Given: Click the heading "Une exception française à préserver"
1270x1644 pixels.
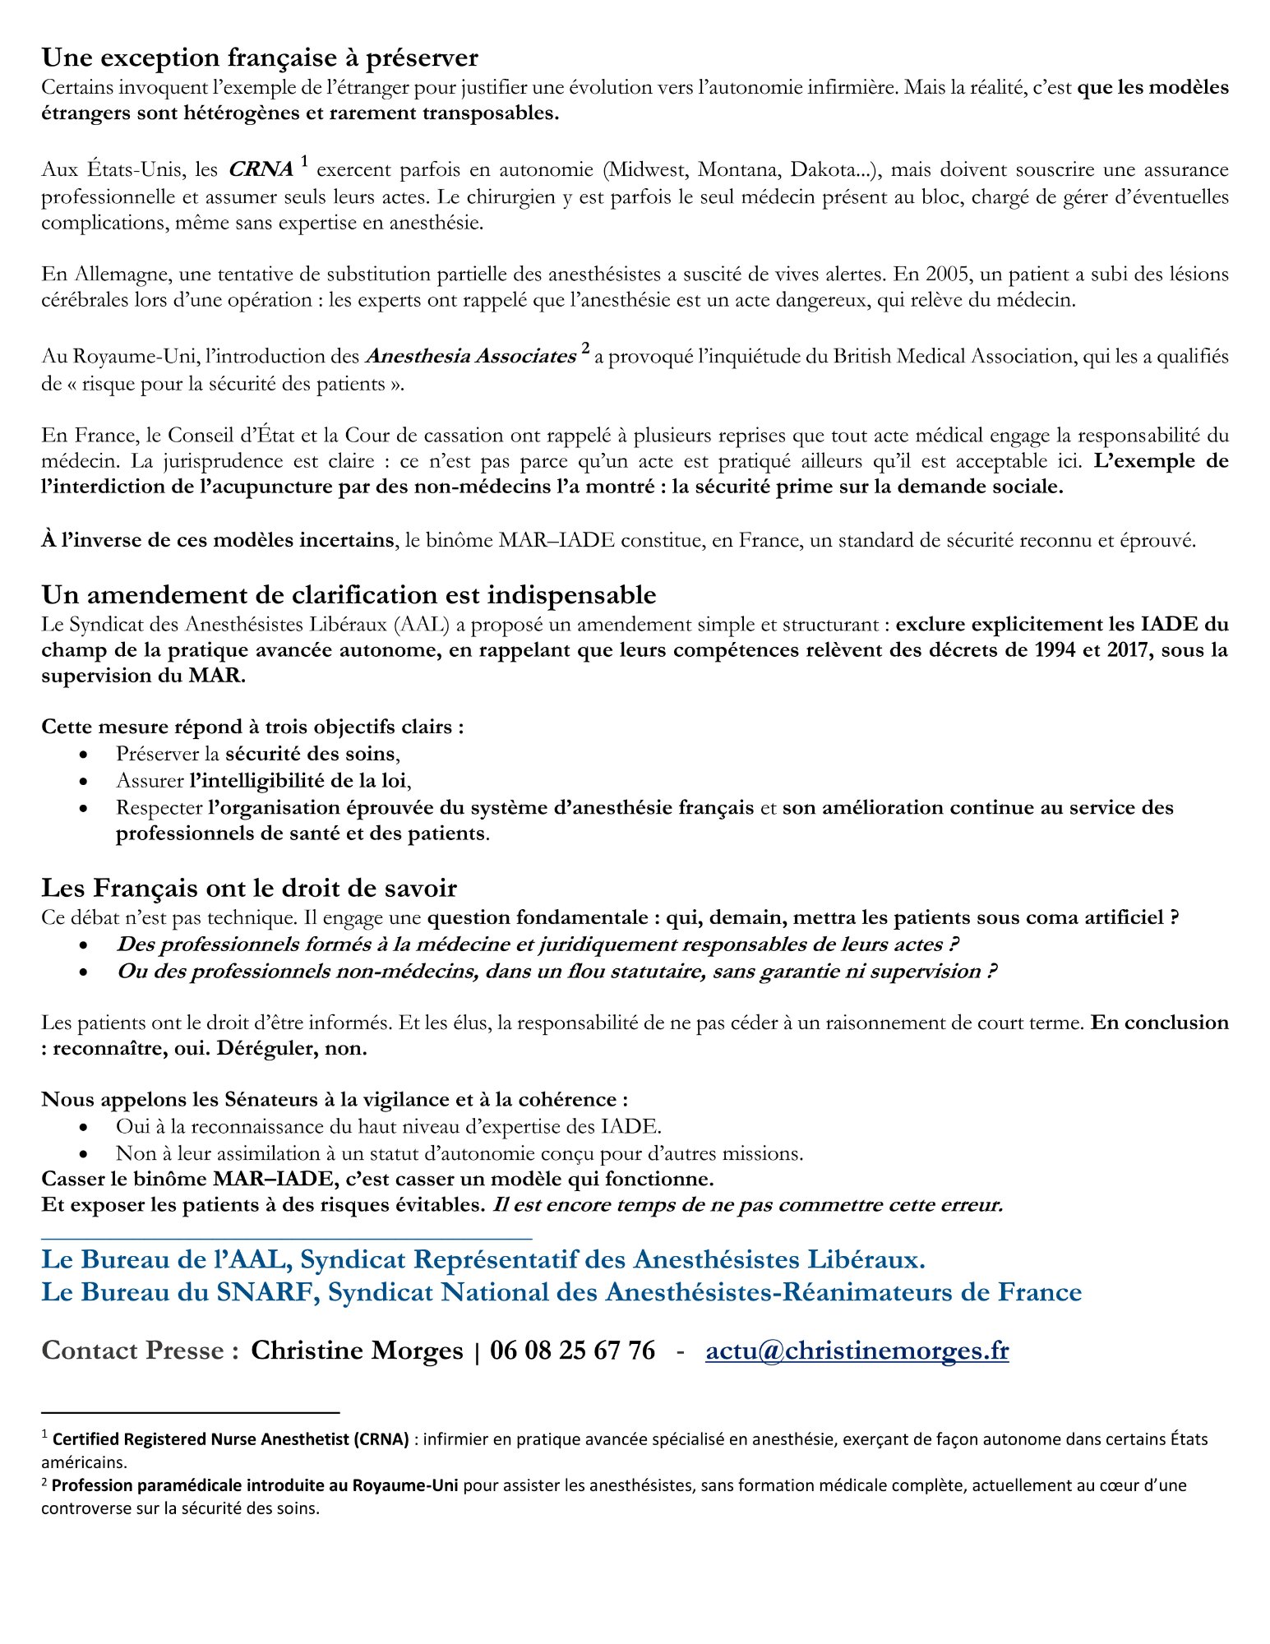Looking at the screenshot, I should (x=260, y=58).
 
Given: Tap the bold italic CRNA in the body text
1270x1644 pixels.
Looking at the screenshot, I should (x=261, y=169).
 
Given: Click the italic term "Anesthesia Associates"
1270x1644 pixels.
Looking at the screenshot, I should (x=470, y=356).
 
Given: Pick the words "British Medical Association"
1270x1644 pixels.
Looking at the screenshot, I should (x=952, y=356).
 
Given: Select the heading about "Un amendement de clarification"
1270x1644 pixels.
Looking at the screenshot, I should (x=349, y=594).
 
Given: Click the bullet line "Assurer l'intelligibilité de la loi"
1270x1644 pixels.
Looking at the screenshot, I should (x=263, y=780).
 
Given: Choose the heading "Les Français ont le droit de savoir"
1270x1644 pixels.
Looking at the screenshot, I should (x=249, y=888).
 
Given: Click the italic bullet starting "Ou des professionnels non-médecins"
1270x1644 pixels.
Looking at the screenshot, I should (x=556, y=971).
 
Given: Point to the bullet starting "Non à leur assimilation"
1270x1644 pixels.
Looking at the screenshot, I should (x=459, y=1153).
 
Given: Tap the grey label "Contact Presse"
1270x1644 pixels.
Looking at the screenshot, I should (x=140, y=1350).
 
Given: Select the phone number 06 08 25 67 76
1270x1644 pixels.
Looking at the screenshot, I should (x=572, y=1350).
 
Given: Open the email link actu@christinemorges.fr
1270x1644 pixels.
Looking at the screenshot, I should (x=857, y=1350).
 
